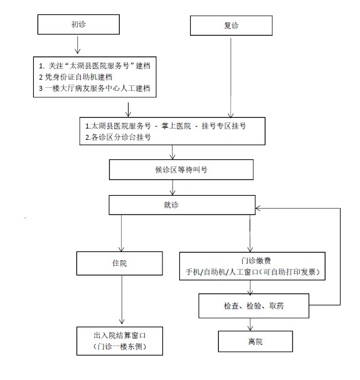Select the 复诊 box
(x=231, y=26)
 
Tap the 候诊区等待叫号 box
(x=181, y=169)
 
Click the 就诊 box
(x=184, y=204)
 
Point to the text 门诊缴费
(x=253, y=261)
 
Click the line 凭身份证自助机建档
(x=81, y=77)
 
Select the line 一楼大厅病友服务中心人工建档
(x=95, y=88)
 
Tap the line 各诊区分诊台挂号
(x=119, y=137)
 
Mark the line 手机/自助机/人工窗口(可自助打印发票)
(x=252, y=272)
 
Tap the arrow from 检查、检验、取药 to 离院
(x=251, y=324)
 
